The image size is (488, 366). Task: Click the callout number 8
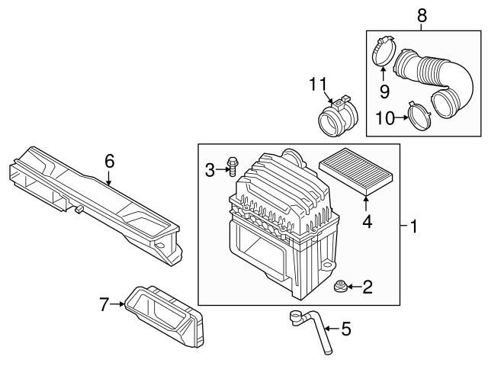point(422,15)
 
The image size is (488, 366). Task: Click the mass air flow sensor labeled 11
point(339,117)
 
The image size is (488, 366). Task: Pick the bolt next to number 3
point(232,166)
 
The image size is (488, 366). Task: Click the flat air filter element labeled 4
point(356,171)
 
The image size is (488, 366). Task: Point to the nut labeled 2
point(339,287)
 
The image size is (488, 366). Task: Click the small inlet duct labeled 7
point(164,316)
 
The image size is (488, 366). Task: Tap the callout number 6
point(110,161)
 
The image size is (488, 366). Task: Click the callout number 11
point(319,84)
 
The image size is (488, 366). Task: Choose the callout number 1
point(413,226)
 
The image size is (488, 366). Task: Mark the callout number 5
point(346,329)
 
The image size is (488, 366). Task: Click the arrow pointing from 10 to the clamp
point(402,117)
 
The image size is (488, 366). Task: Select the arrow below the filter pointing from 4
point(366,203)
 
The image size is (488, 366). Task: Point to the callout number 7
point(104,304)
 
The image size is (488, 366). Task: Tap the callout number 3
point(210,170)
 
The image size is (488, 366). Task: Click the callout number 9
point(384,91)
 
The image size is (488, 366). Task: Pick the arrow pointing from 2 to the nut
point(354,287)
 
